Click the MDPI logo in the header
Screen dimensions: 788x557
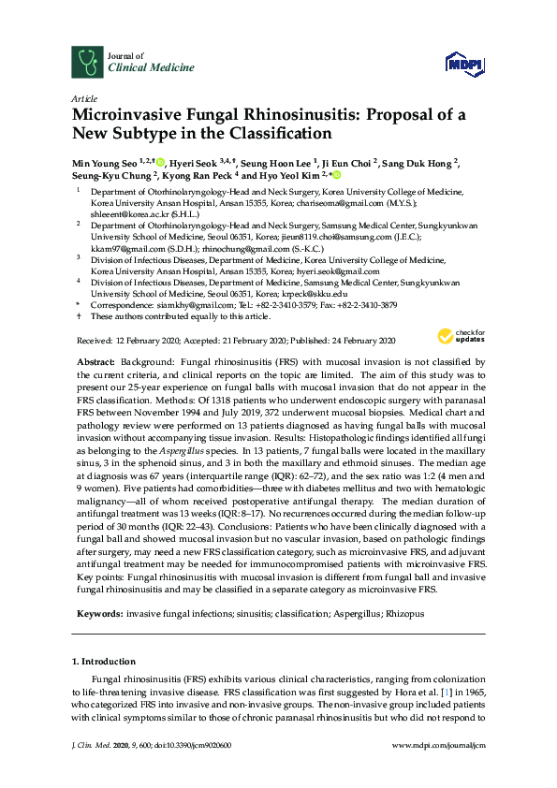click(x=465, y=64)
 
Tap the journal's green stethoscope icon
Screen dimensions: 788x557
click(x=88, y=62)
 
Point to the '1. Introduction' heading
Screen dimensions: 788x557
click(x=103, y=662)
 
